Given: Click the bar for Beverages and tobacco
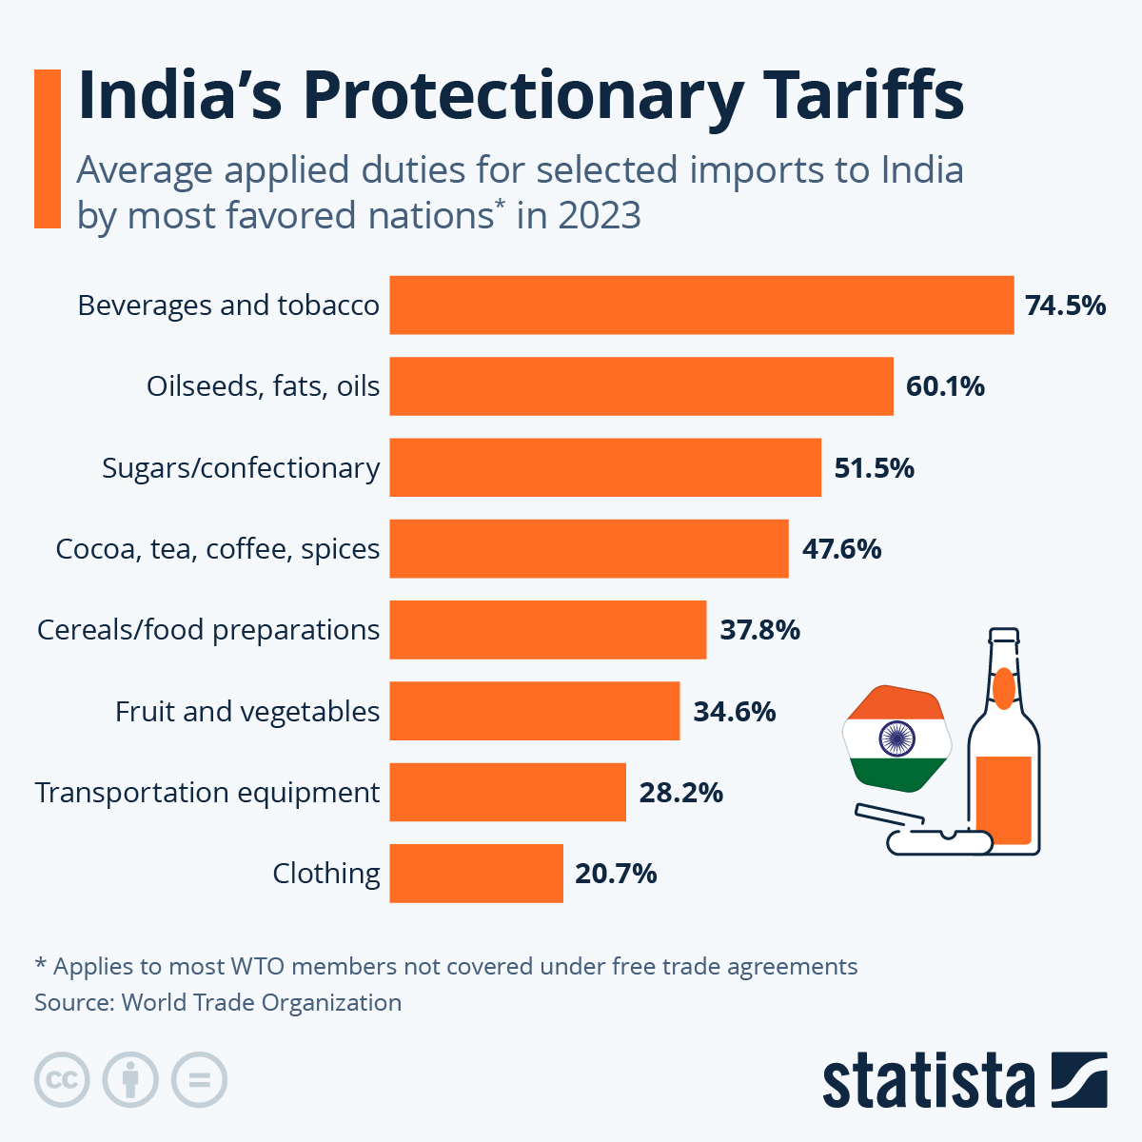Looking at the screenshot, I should (x=701, y=305).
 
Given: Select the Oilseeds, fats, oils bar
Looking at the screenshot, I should (x=641, y=386).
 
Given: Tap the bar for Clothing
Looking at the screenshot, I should (x=476, y=873).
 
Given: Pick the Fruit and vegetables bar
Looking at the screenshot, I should (x=535, y=711).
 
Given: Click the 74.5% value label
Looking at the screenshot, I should (x=1065, y=305).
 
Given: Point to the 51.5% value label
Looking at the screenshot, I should (x=874, y=468).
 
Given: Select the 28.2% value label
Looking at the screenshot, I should (x=680, y=793).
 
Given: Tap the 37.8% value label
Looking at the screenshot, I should (x=759, y=630).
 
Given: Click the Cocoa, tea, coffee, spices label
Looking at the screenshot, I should (x=218, y=549).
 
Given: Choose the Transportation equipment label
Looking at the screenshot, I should (x=207, y=793).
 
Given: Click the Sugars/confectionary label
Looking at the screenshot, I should (x=241, y=468).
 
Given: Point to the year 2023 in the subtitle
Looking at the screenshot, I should (x=600, y=216).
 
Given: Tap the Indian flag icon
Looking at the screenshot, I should (x=896, y=738).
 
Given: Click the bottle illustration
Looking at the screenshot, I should (x=1003, y=752).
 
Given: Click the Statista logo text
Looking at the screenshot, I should (x=928, y=1081).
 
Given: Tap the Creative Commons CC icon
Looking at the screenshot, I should (x=62, y=1080).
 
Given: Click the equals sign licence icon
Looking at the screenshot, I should (x=199, y=1080).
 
